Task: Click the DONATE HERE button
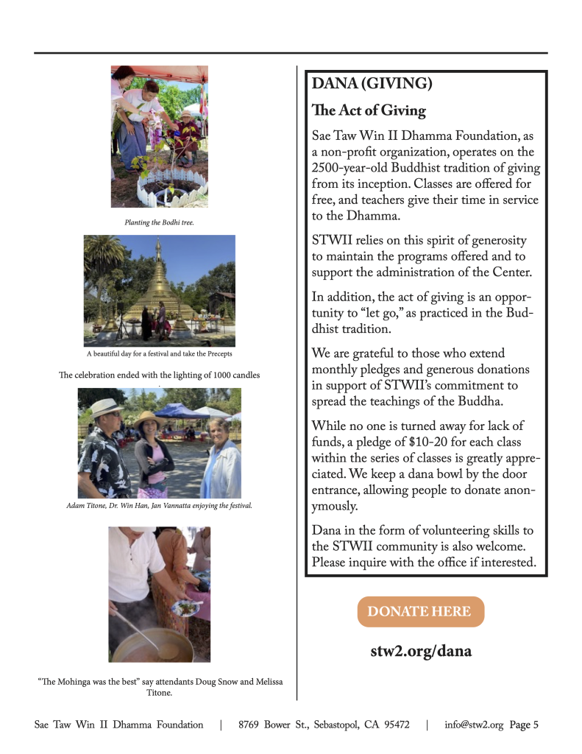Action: coord(420,612)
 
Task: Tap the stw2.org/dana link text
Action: coord(421,651)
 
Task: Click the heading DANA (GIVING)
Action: coord(372,83)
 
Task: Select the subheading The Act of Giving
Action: coord(369,110)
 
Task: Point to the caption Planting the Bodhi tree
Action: coord(159,222)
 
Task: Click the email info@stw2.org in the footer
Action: coord(474,725)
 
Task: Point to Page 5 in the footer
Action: coord(524,725)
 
